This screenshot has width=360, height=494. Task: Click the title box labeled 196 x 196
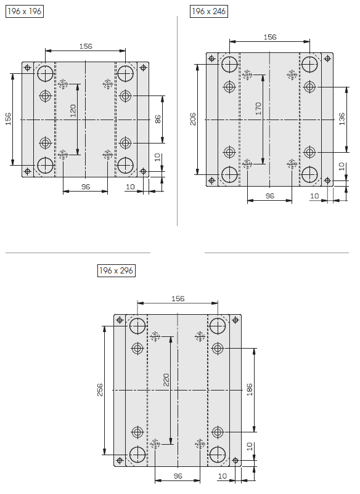25,11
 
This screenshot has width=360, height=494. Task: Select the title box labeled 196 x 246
209,11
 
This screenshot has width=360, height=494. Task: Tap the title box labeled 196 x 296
117,270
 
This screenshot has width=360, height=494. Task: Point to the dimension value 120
73,111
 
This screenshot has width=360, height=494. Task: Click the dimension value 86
158,119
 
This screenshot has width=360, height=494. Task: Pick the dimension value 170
258,108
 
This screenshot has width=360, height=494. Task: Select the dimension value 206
193,119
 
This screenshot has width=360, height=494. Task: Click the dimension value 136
342,119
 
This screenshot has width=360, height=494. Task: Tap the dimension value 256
100,390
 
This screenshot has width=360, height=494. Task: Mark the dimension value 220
166,380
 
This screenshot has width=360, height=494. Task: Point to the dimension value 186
250,390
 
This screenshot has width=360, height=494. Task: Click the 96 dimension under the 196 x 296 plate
178,476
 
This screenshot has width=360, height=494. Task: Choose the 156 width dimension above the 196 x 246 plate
270,37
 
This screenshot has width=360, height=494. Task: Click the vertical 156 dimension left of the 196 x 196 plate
8,119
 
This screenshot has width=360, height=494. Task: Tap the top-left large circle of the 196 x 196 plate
46,74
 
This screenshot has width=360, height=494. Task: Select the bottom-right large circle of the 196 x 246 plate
309,174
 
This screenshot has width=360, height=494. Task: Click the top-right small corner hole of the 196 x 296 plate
235,320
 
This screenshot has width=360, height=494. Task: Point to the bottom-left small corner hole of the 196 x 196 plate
27,171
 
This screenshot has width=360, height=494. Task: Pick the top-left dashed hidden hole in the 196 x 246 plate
247,75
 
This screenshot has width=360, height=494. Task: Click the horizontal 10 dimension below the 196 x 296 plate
223,476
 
